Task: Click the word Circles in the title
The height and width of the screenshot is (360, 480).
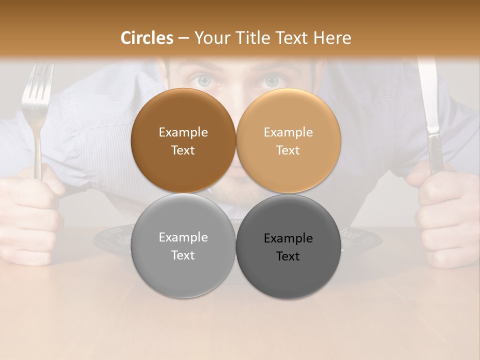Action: (147, 38)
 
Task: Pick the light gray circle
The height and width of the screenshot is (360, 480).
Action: (183, 270)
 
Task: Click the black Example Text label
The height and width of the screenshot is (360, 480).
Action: (288, 247)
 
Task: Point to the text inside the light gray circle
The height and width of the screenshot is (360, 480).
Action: (183, 246)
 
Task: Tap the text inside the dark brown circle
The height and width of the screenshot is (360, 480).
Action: (183, 141)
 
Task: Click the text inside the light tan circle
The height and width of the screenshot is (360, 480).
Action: (288, 141)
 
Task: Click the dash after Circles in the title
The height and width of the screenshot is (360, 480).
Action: (183, 38)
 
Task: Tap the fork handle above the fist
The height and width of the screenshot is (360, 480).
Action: (38, 145)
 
